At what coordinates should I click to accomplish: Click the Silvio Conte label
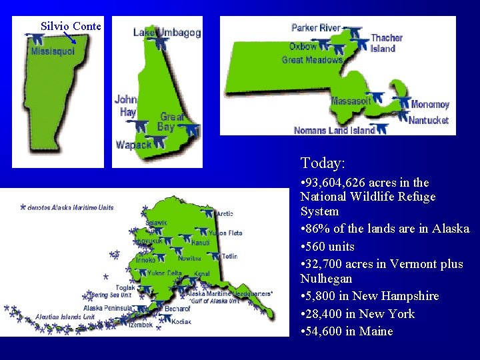point(71,26)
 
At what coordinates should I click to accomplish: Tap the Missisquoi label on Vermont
point(53,51)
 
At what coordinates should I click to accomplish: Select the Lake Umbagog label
point(167,32)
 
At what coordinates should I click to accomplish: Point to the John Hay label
point(125,105)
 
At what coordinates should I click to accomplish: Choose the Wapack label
point(133,145)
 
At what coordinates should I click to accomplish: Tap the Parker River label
point(315,27)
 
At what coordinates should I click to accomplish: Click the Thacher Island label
point(386,43)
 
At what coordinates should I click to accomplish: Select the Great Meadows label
point(312,60)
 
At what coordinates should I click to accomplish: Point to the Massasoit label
point(351,101)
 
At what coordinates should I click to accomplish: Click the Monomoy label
point(430,105)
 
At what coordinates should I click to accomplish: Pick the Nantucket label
point(429,121)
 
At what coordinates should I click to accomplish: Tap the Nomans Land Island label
point(334,131)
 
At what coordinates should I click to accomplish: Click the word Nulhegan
point(326,278)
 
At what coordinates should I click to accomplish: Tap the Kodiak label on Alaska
point(181,321)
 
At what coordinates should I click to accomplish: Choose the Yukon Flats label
point(225,233)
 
